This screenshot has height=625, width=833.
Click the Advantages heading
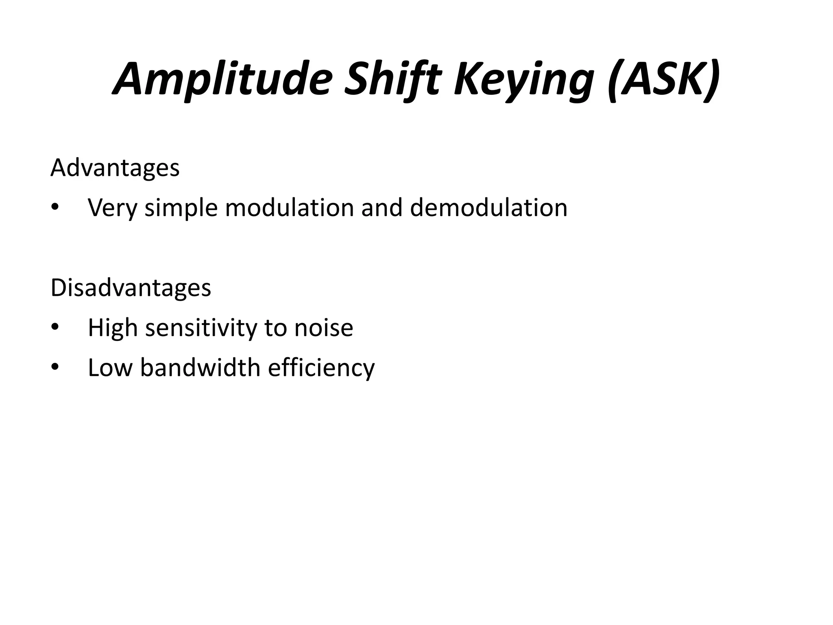coord(115,168)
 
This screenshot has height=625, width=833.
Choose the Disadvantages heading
coord(131,288)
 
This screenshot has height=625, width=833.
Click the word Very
coord(113,208)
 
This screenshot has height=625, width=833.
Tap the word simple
coord(181,208)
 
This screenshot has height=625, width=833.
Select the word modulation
coord(289,208)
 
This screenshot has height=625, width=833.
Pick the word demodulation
coord(488,208)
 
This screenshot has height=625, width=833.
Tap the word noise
coord(323,328)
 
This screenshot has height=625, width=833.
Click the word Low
coord(110,367)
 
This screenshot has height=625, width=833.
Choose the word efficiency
coord(321,367)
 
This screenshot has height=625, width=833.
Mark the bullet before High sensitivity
coord(55,328)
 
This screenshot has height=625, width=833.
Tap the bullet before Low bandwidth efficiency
coord(55,368)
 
